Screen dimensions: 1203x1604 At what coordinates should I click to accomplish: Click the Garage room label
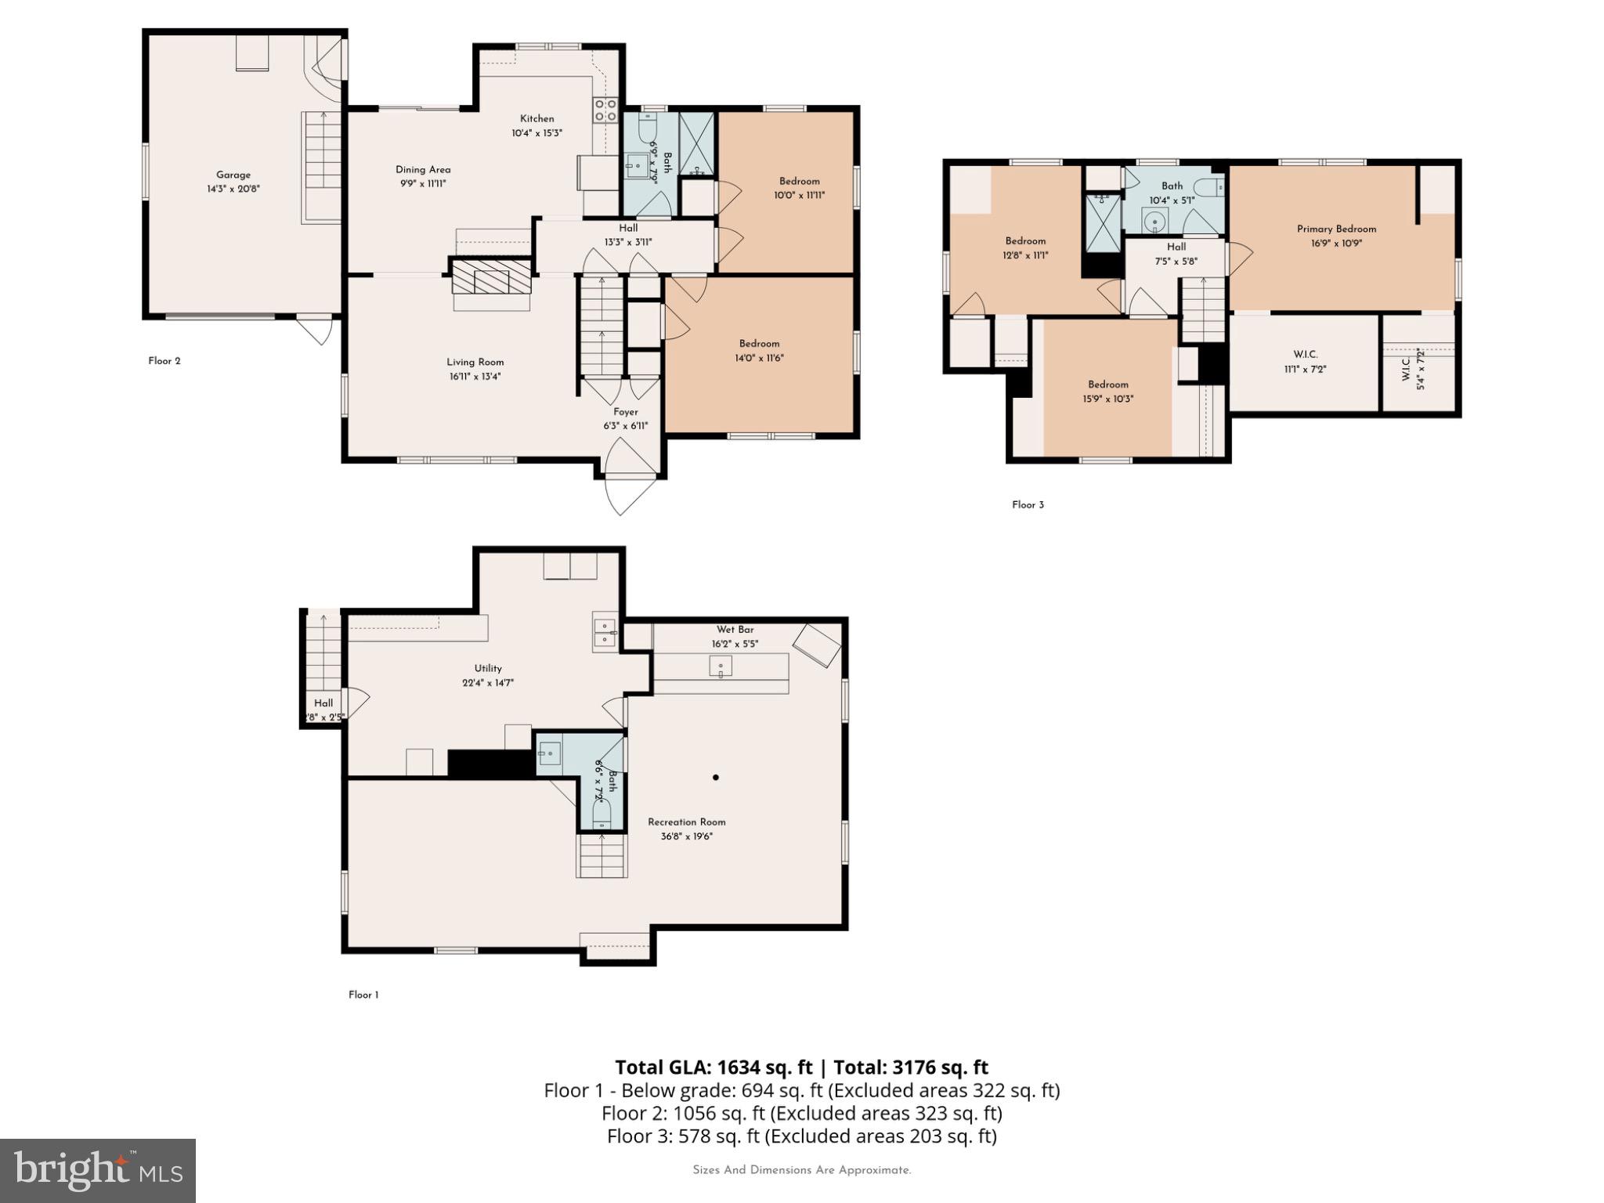233,175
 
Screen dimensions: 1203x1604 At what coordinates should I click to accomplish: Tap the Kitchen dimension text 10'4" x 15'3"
536,133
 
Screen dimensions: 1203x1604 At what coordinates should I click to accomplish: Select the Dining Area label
423,169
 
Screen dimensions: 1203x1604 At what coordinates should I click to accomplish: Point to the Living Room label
475,362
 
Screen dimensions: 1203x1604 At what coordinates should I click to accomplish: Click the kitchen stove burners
605,110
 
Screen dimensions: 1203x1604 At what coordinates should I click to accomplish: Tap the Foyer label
625,412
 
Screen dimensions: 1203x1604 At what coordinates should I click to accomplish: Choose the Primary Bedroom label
1336,229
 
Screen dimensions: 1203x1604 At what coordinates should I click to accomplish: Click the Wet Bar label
735,630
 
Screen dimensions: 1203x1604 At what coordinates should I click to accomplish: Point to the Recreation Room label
686,822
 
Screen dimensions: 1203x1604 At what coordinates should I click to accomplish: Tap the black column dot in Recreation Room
716,778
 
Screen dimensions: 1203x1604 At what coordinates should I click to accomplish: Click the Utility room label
487,668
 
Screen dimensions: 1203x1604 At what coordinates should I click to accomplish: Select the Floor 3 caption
1028,505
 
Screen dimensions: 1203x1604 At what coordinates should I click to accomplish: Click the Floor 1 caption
363,995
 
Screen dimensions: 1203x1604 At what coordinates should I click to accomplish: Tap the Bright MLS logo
98,1170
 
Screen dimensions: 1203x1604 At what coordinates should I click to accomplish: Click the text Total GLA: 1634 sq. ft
713,1067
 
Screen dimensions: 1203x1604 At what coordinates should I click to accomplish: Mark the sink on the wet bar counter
721,667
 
